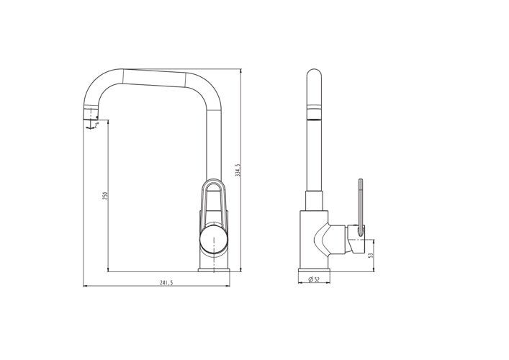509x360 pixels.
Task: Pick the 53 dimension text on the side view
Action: tap(370, 254)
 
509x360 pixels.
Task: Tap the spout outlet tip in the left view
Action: tap(91, 115)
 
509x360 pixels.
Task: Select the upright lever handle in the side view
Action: tap(359, 202)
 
